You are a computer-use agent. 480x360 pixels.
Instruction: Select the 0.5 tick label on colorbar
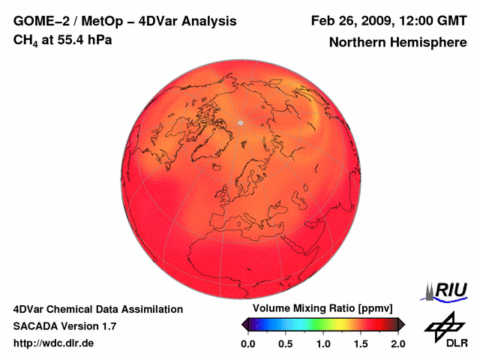[x=285, y=343]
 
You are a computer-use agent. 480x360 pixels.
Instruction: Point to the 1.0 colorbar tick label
[x=323, y=343]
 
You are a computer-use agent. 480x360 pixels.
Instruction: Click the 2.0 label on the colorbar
[x=398, y=343]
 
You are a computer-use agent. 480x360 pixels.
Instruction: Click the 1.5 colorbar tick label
[x=361, y=343]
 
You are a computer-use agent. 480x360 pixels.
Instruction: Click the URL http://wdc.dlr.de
[x=54, y=343]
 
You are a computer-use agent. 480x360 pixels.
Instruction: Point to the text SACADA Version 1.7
[x=64, y=326]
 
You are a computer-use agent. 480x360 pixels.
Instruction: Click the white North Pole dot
[x=241, y=122]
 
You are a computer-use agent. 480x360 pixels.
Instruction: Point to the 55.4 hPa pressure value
[x=82, y=40]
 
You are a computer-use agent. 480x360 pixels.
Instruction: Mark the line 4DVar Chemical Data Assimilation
[x=97, y=309]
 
